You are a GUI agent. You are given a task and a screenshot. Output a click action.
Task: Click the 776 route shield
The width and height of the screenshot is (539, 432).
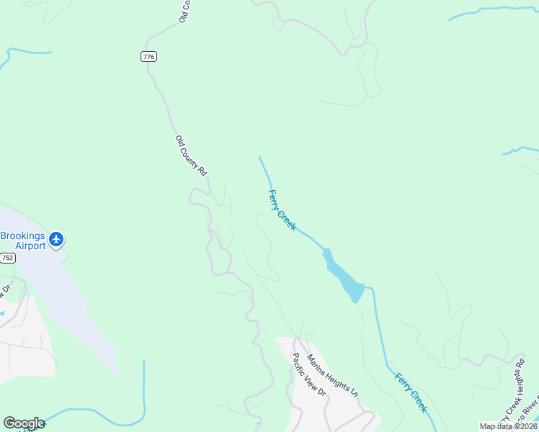click(148, 57)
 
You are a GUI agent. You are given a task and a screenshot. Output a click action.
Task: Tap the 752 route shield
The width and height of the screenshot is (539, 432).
click(8, 257)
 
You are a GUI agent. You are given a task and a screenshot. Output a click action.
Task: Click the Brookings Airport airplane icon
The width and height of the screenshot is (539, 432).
click(56, 239)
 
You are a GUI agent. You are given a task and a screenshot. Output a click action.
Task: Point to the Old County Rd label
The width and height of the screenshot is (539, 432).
click(191, 156)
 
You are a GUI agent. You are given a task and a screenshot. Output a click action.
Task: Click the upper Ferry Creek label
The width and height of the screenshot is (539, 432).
click(282, 210)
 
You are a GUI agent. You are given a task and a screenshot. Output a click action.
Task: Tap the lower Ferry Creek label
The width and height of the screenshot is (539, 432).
click(411, 392)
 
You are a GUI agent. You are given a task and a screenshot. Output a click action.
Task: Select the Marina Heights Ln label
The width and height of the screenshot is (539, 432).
click(333, 375)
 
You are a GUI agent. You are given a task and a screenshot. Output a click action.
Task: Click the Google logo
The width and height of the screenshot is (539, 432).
click(24, 423)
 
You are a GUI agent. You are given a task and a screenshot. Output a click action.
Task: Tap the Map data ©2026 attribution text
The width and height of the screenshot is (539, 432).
click(509, 426)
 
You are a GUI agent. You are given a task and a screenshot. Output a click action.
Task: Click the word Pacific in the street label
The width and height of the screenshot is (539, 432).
click(299, 364)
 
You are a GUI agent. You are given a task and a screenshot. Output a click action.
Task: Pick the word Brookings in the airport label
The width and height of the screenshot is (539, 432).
click(22, 236)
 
